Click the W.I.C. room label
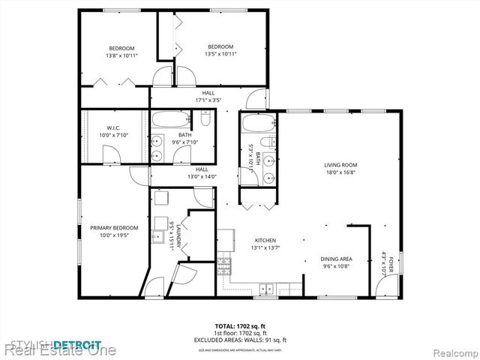coord(114,127)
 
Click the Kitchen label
coord(264,240)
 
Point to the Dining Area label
coord(336,259)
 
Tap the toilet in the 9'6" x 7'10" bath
coord(205,118)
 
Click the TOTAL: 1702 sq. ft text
coord(241,327)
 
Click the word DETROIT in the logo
coord(77,344)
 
